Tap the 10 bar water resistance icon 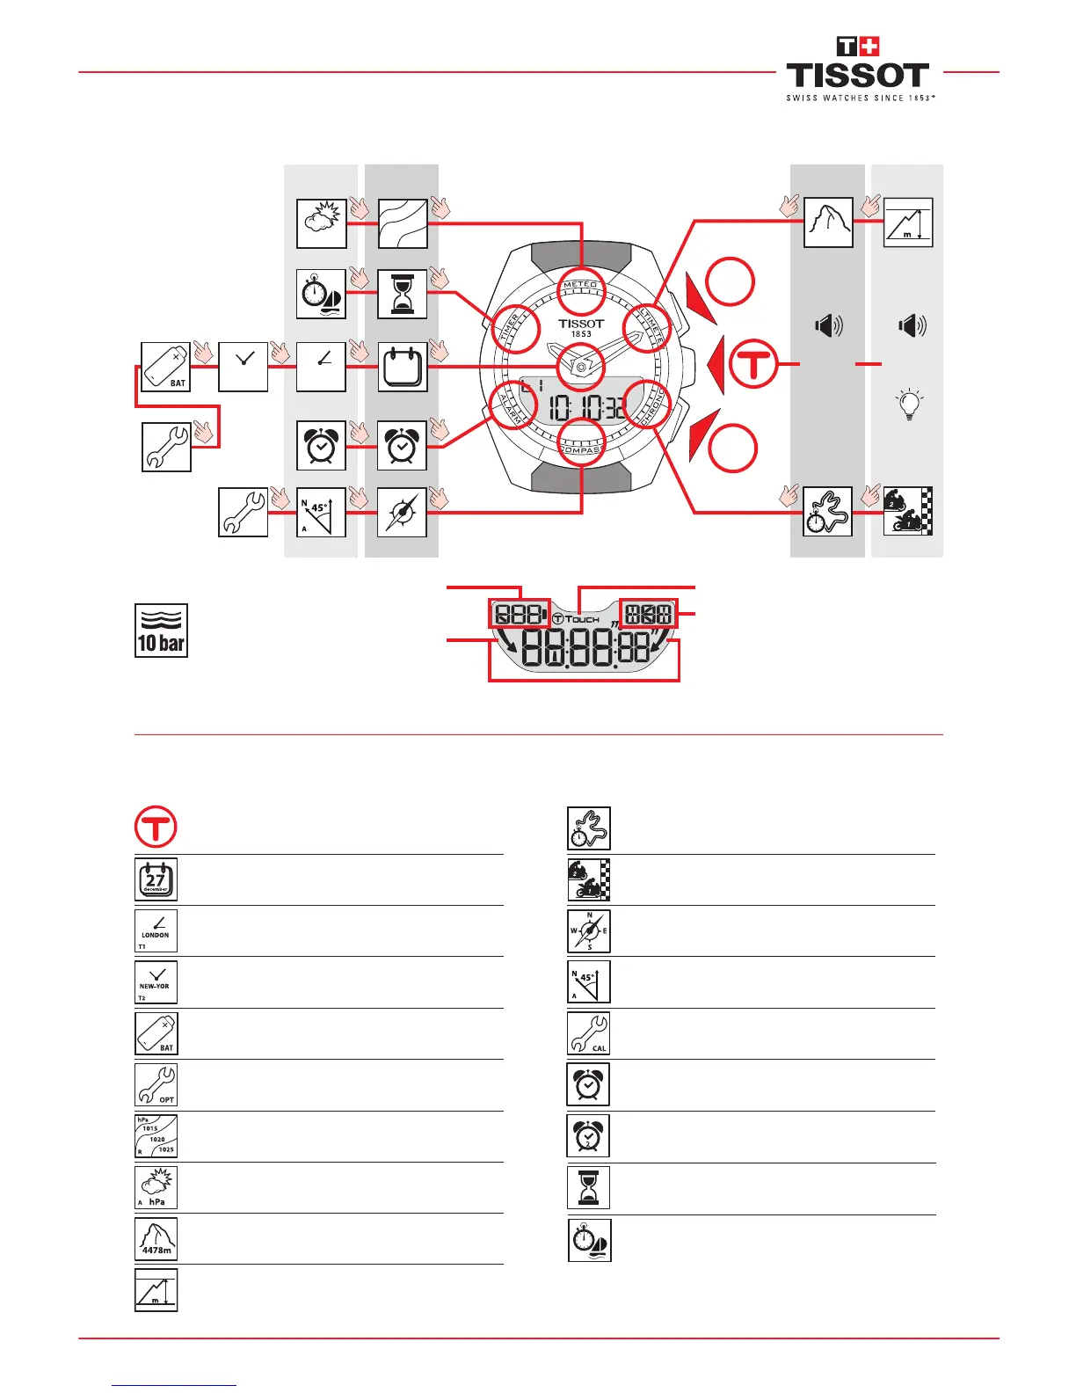coord(161,630)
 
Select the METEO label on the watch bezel coord(580,285)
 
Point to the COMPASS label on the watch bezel coord(581,449)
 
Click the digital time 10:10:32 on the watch coord(588,407)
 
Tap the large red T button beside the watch coord(753,363)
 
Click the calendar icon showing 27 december coord(156,879)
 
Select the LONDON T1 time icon coord(156,930)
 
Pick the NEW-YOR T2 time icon coord(156,981)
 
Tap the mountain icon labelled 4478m coord(156,1239)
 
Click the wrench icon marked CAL coord(589,1033)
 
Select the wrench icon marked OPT coord(156,1084)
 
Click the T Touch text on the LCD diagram coord(577,619)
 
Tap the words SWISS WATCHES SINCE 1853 coord(860,98)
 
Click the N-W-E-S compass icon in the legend coord(589,930)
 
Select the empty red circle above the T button coord(731,282)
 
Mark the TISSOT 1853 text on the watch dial coord(581,328)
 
